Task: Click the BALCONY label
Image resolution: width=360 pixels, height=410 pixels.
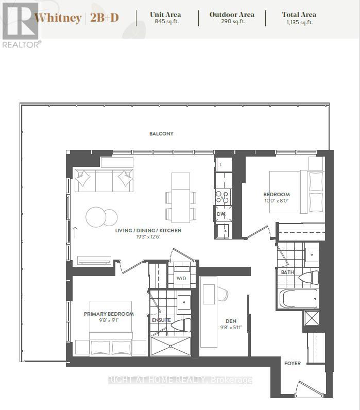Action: point(161,133)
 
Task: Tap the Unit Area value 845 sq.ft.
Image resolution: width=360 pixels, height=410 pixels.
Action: point(166,22)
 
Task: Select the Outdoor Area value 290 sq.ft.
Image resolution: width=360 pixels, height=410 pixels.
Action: point(233,22)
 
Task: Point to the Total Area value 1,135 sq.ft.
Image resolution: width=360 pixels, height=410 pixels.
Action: point(300,22)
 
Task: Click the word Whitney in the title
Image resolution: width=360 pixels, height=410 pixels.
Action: point(58,18)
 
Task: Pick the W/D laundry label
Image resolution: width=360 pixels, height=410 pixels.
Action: point(181,278)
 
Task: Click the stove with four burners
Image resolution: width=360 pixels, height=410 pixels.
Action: point(222,197)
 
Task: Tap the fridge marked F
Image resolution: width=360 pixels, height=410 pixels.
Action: point(224,165)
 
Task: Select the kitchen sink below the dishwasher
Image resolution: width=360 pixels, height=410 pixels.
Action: point(222,231)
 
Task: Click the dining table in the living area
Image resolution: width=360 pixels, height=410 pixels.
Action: point(181,198)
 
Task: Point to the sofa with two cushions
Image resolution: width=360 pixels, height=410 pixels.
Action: point(104,180)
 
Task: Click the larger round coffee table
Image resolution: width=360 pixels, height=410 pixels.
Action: point(96,217)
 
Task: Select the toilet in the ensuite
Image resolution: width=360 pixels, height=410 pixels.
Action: point(181,325)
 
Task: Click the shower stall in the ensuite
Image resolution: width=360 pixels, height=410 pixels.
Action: point(170,346)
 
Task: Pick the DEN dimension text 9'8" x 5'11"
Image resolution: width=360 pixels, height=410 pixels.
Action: point(231,328)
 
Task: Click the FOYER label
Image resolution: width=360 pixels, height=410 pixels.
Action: point(293,363)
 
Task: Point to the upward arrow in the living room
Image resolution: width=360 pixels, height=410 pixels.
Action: point(75,233)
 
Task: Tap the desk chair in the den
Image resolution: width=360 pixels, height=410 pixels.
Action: point(222,294)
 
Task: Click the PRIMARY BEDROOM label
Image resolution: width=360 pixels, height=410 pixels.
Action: point(109,314)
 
